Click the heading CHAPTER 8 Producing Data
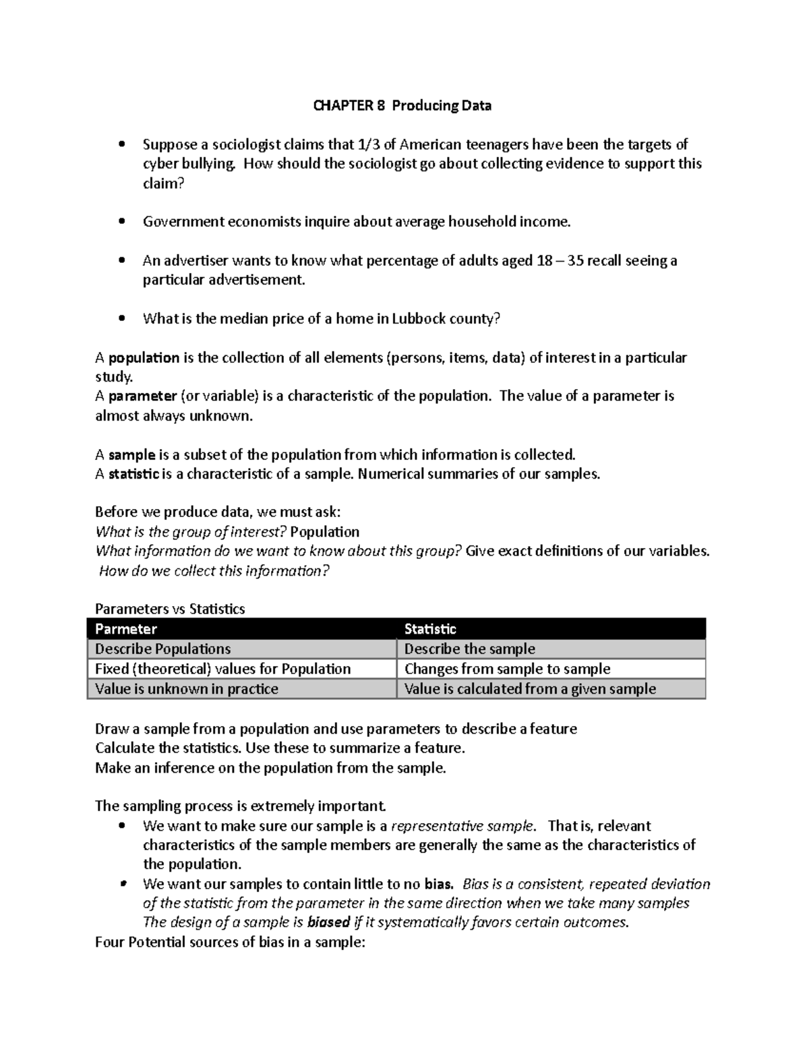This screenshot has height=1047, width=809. coord(402,106)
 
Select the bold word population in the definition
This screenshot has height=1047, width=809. coord(144,358)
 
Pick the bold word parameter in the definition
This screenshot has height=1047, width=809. coord(142,396)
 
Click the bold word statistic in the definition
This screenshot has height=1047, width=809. coord(134,474)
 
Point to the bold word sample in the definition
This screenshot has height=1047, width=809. coord(131,455)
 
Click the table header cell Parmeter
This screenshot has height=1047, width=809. coord(126,629)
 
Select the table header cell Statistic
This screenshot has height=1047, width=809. coord(430,629)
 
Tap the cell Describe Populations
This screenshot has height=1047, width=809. coord(162,649)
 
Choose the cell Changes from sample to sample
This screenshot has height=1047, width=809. coord(507,669)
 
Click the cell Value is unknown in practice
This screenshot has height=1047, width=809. coord(186,689)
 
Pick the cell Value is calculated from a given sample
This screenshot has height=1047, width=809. coord(530,689)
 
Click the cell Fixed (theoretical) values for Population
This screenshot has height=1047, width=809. coord(222,669)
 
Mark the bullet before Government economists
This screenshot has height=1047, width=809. coord(121,222)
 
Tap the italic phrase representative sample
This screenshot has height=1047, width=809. coord(462,827)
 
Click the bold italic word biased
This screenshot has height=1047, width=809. coord(328,922)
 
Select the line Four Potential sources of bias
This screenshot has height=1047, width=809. coord(230,943)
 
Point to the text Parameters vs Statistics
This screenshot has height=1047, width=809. coord(170,609)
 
